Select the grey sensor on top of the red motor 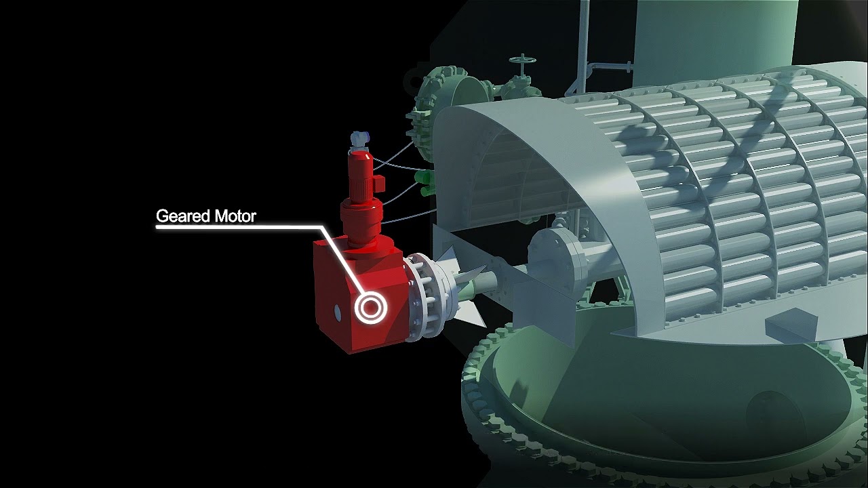pos(359,140)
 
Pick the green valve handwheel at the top pos(523,60)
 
